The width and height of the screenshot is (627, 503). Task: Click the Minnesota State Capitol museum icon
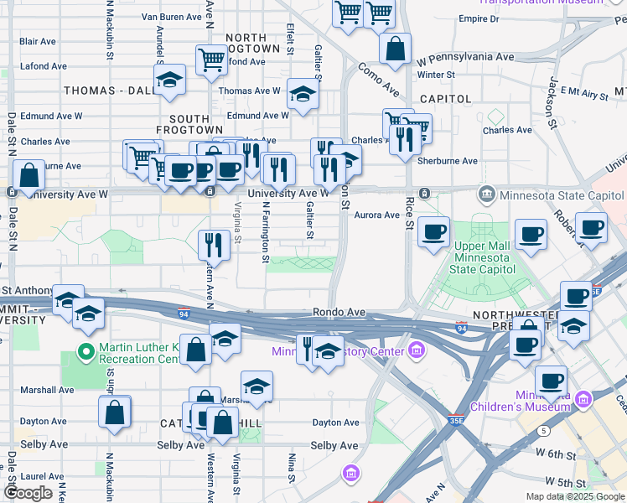click(x=486, y=195)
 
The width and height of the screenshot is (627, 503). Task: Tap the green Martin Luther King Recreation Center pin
click(x=85, y=350)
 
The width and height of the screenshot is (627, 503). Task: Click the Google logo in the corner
click(x=28, y=493)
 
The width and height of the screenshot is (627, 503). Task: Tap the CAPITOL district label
click(x=445, y=99)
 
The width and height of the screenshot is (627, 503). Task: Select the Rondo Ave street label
click(x=339, y=312)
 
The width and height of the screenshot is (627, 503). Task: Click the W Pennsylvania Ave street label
click(x=465, y=58)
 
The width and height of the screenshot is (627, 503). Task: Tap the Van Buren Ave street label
click(x=173, y=17)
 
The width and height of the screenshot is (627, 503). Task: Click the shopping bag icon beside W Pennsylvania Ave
click(x=395, y=48)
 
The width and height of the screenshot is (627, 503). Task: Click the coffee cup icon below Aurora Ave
click(x=433, y=232)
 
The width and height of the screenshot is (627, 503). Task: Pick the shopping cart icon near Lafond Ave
click(x=211, y=59)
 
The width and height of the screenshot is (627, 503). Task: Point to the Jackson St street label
click(x=552, y=96)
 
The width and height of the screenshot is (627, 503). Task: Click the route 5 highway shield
click(x=544, y=431)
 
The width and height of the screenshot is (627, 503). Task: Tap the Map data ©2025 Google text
click(x=574, y=496)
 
